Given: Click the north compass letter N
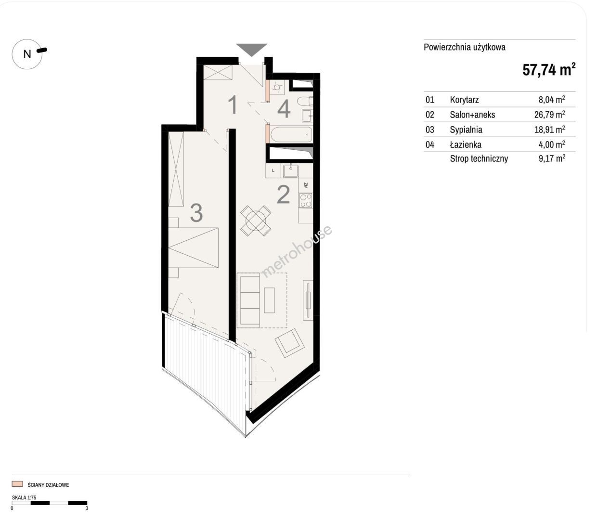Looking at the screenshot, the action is point(27,54).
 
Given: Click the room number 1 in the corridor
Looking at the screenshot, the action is point(233,104).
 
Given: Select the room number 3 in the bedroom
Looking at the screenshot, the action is point(196,213).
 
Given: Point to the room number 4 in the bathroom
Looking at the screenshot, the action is point(284,108).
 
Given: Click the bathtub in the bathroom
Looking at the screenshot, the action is point(291,135).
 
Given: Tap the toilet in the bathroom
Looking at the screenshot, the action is point(305,101).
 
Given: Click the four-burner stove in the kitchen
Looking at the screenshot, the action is point(306,200).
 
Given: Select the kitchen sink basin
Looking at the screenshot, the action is point(290,171).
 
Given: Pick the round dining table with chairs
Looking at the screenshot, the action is point(256,221).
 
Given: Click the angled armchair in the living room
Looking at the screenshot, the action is point(290,343).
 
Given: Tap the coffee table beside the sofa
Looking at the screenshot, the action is point(269,300).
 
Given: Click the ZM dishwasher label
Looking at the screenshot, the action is point(306,185).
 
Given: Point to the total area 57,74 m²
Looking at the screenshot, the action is point(549,70).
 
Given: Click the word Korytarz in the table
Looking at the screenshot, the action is point(464,100).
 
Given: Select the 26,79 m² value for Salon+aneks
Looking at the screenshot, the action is point(549,114).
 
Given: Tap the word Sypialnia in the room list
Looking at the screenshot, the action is point(466,130).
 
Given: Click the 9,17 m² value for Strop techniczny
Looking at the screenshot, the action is point(552,158).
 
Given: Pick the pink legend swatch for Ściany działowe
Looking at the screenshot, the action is point(17,484).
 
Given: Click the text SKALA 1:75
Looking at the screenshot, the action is point(24,497).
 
